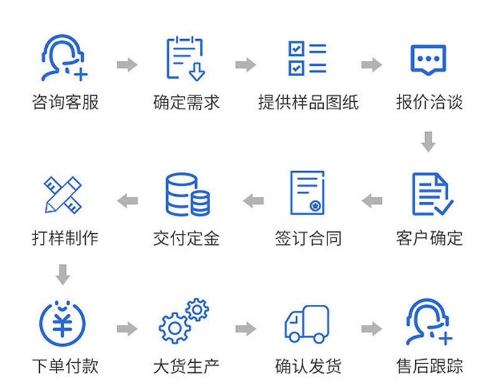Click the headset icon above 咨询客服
64,58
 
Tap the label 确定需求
186,102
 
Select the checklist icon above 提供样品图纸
307,58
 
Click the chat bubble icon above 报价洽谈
428,60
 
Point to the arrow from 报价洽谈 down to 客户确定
428,141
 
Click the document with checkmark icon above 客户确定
433,194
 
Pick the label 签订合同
308,238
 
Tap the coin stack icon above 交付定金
188,194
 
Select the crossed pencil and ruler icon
63,195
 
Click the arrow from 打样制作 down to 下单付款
63,275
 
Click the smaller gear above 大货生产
197,310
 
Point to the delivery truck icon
307,324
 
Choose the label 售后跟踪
429,366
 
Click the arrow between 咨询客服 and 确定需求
127,65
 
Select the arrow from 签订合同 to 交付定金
253,201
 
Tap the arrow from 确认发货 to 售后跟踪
372,329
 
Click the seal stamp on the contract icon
315,206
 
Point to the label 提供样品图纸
308,102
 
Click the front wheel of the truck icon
295,337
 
